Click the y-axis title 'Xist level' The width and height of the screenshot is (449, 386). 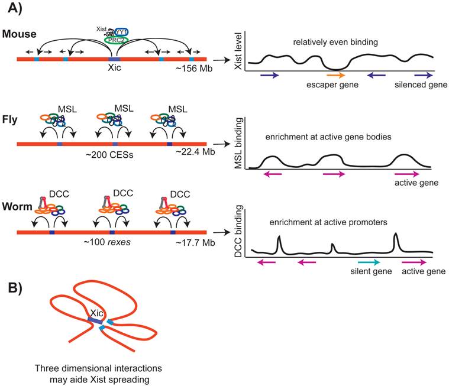tap(240, 52)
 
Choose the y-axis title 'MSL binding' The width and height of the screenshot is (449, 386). tap(240, 141)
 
